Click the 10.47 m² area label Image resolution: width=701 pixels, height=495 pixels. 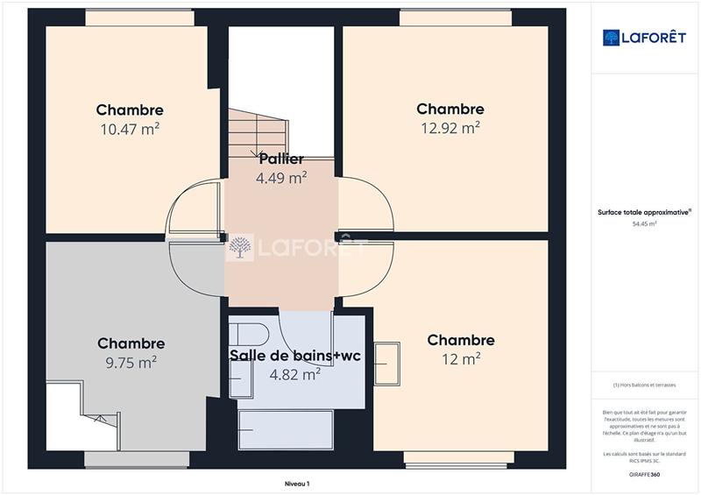pos(131,129)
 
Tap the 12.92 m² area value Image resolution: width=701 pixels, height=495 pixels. pos(450,128)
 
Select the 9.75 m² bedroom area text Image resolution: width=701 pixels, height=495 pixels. pos(131,362)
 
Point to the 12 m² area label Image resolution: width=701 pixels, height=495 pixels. pos(461,359)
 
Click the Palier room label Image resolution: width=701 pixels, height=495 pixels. pos(281,159)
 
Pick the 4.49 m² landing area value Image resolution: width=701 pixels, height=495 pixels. pos(281,178)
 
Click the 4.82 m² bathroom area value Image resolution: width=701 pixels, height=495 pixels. pos(294,374)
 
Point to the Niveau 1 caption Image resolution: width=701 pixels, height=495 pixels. pos(297,484)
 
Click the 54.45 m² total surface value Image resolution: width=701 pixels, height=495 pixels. pos(645,224)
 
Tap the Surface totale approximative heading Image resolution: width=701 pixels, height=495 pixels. pos(644,212)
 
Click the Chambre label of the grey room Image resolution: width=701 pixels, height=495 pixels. pos(131,343)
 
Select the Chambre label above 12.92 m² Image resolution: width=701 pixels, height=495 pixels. pos(450,110)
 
